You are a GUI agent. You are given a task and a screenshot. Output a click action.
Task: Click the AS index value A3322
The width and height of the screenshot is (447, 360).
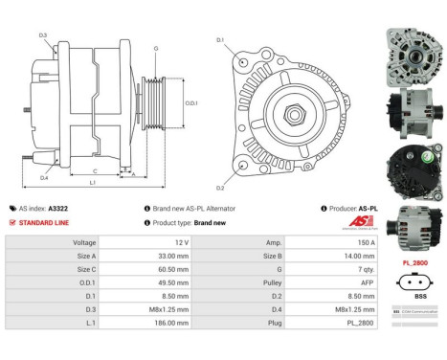point(59,208)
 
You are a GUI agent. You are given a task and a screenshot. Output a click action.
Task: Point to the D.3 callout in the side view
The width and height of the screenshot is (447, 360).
point(44,35)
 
